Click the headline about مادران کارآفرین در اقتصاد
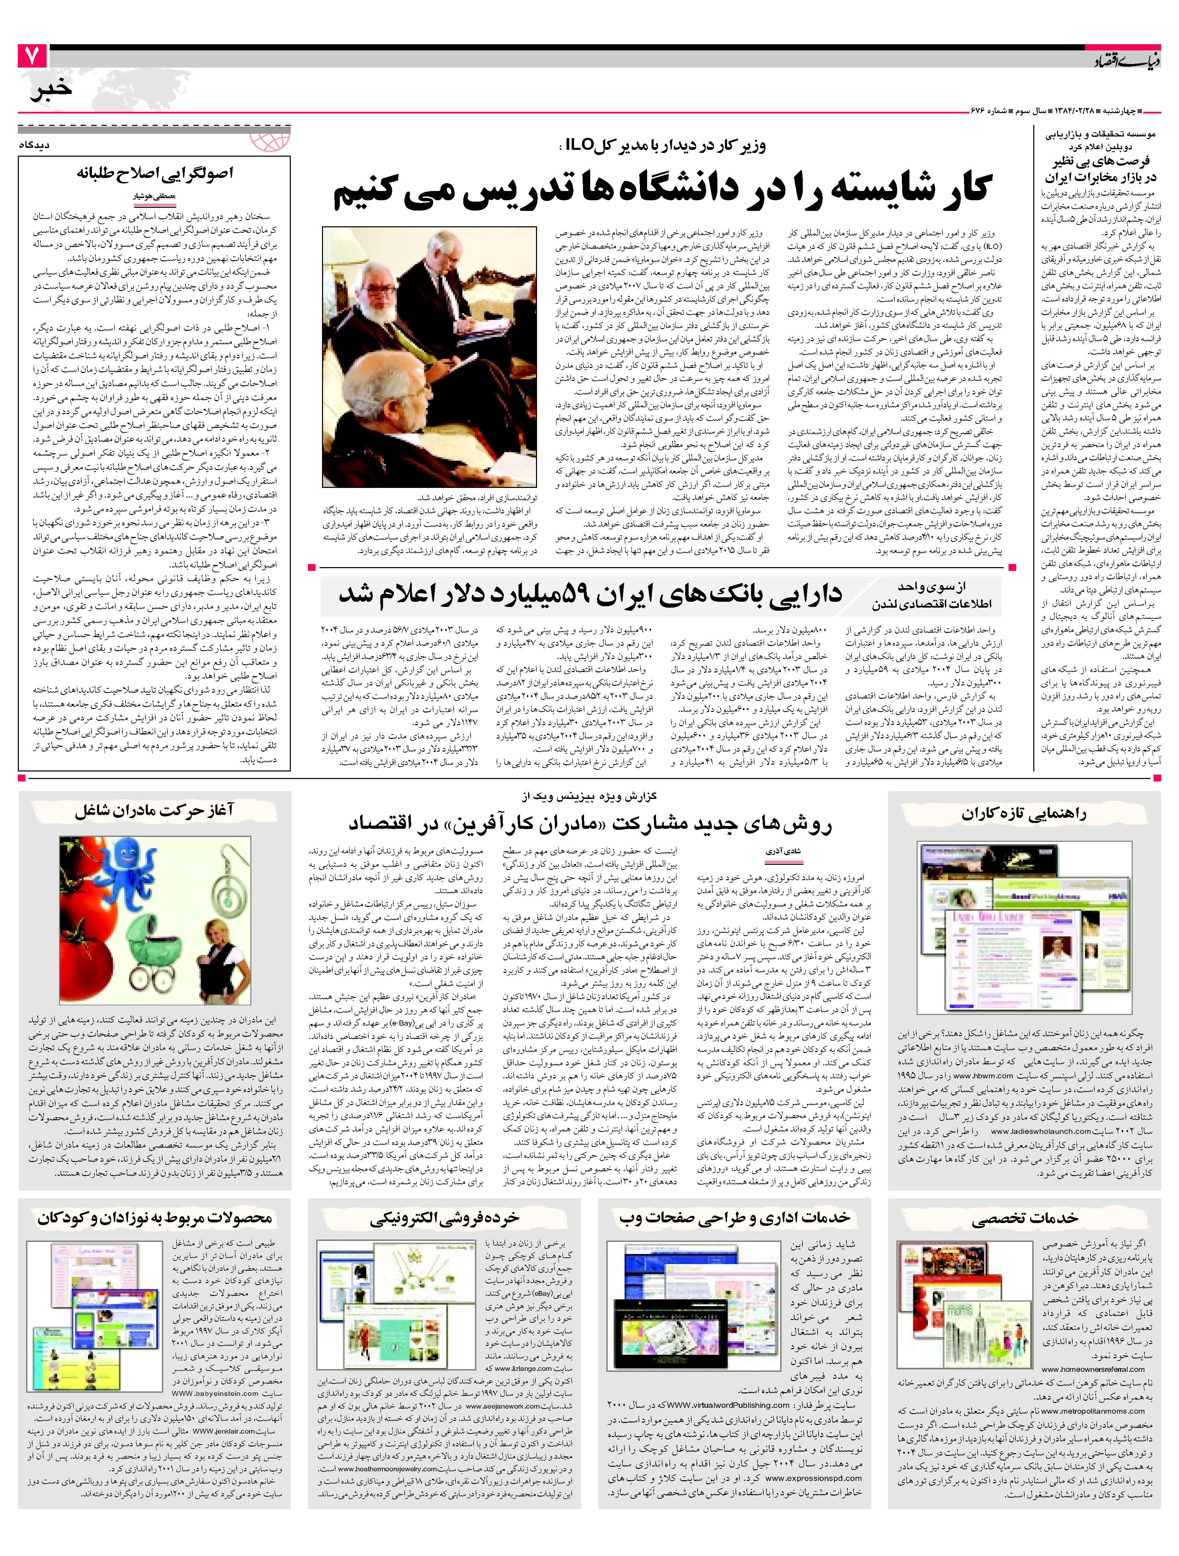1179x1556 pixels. click(x=591, y=824)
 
